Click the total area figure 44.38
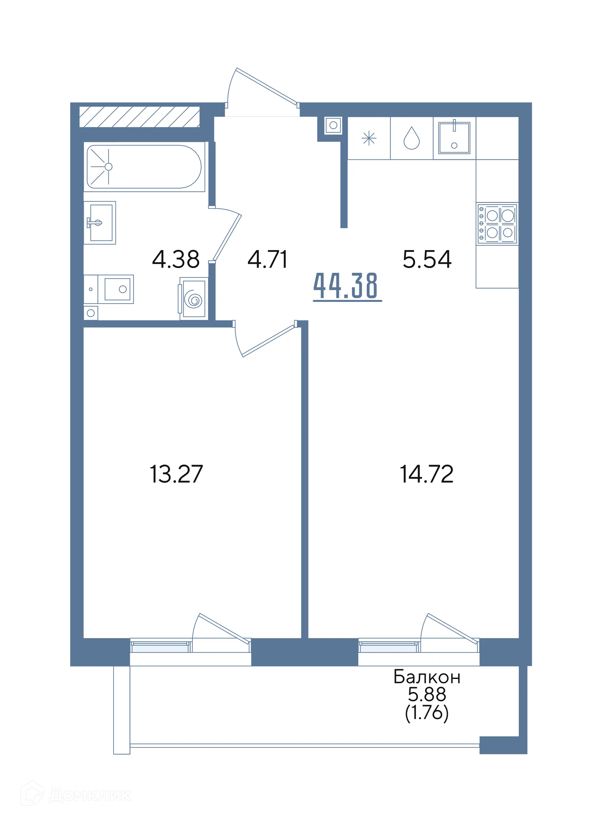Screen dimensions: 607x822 point(346,286)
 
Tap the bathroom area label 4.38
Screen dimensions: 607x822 point(176,259)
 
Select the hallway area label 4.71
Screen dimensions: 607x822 point(267,259)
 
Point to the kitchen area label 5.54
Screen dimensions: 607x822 point(427,259)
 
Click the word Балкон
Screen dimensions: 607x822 point(426,677)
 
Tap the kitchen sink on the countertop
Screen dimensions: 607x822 point(454,138)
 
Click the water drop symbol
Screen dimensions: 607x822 point(412,138)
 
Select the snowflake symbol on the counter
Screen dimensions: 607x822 point(369,138)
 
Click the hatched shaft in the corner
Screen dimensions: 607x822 point(140,117)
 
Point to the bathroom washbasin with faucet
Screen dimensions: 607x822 point(100,223)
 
